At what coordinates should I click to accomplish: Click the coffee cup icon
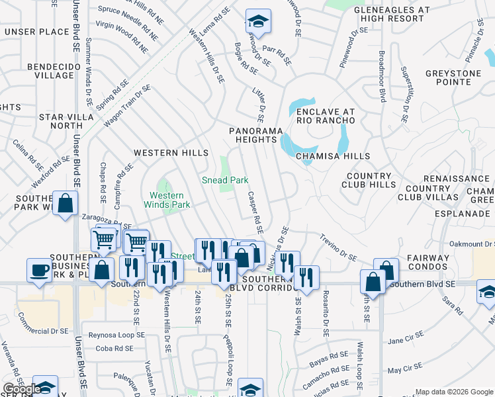coord(39,270)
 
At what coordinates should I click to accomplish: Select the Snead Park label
coord(225,180)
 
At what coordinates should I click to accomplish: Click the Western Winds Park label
coord(170,200)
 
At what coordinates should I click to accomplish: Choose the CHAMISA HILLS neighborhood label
coord(332,156)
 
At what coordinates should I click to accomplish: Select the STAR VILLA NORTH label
coord(61,121)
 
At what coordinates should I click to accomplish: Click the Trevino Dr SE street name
coord(338,247)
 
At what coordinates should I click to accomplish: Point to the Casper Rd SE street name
coord(255,213)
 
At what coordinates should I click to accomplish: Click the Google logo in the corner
coord(22,390)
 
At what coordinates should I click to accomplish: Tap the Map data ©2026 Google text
coord(453,392)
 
